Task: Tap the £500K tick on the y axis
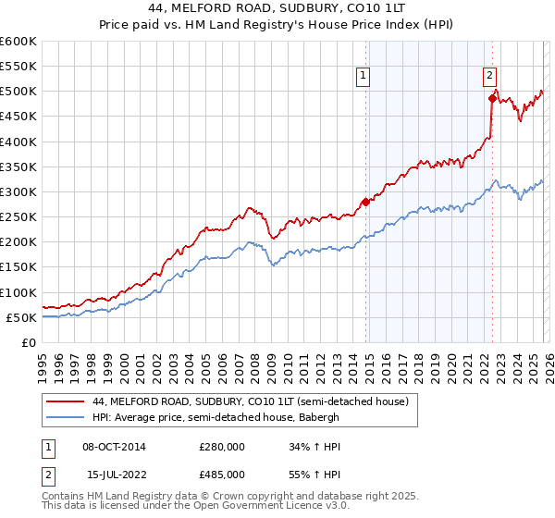pos(18,92)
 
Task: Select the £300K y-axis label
pos(18,191)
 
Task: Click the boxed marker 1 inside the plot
pos(364,77)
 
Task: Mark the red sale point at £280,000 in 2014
pos(365,202)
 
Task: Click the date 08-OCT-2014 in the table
pos(114,447)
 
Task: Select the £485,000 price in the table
pos(222,476)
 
